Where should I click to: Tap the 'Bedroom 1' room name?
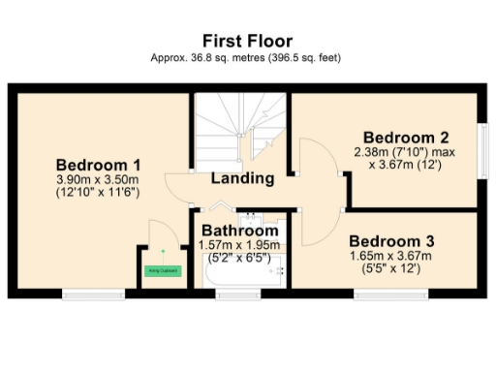pos(98,163)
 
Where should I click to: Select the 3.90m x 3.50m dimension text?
pos(98,178)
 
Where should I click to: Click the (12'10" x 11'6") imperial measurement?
pos(98,193)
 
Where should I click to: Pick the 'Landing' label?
pos(241,178)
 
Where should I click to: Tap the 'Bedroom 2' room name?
pos(405,136)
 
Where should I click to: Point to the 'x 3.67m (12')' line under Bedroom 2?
pos(405,166)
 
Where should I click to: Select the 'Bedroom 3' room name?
pos(391,240)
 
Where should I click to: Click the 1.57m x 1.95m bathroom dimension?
pos(239,246)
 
